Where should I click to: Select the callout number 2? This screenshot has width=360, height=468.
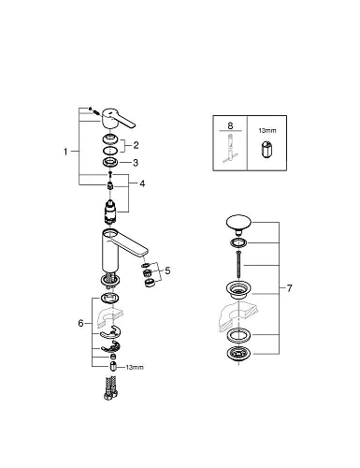click(x=136, y=145)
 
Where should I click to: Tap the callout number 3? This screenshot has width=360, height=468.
click(x=136, y=163)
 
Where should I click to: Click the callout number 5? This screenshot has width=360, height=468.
click(x=167, y=271)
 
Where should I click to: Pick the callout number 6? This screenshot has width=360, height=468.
click(x=81, y=324)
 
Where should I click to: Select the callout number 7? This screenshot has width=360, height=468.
click(x=290, y=288)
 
